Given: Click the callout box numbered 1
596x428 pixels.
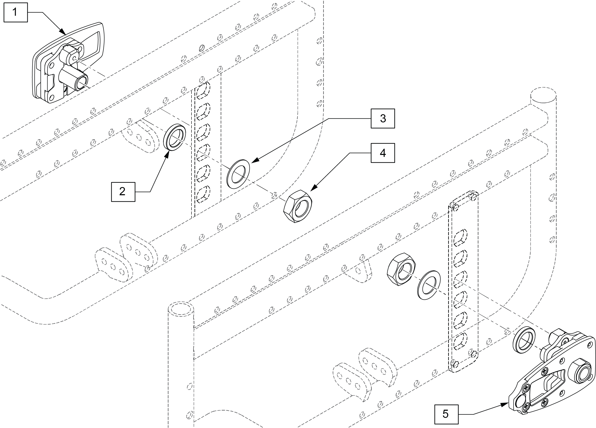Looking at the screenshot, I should (15, 12).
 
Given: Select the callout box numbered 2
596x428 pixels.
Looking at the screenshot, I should (123, 192).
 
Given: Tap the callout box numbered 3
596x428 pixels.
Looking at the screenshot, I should (383, 119).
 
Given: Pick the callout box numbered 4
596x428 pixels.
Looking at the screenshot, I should (383, 153).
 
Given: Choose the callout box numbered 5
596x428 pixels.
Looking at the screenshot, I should (446, 414).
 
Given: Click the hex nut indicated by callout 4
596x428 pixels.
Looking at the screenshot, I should (298, 206).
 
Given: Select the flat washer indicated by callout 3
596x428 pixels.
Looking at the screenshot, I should (238, 174).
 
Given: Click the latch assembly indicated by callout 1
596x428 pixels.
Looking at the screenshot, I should (68, 63).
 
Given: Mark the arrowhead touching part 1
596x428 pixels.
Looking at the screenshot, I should (63, 33).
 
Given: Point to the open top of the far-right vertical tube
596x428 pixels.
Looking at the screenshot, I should (543, 95).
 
